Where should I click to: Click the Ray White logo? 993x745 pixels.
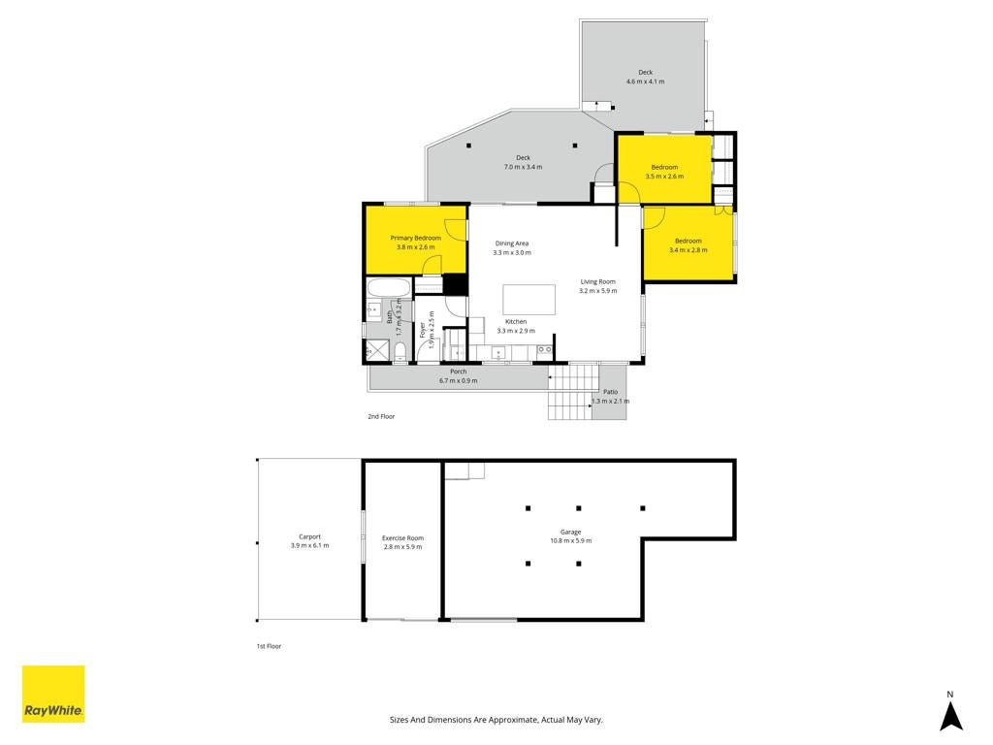pos(53,694)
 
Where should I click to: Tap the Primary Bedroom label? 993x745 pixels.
pos(415,239)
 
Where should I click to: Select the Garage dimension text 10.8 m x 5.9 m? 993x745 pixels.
pos(570,541)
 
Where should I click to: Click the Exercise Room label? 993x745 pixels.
pos(402,537)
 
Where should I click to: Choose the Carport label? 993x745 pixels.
pos(309,536)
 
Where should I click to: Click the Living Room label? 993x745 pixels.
pos(597,282)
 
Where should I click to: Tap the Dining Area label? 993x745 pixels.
pos(512,243)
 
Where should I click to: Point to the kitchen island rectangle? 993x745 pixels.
pos(529,300)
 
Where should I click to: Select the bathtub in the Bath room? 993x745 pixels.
pos(390,287)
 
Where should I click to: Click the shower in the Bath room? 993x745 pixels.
pos(378,350)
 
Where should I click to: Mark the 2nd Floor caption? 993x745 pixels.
pos(381,416)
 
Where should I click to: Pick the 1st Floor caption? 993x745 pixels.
pos(269,646)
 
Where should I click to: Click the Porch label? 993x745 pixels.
pos(459,372)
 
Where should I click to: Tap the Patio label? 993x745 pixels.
pos(611,392)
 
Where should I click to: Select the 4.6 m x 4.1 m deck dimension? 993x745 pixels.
pos(645,81)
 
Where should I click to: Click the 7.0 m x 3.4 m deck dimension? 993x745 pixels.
pos(523,167)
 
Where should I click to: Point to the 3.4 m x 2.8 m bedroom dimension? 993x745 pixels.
pos(689,250)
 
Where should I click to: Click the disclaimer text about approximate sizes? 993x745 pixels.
pos(496,720)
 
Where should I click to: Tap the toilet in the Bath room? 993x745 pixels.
pos(400,353)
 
